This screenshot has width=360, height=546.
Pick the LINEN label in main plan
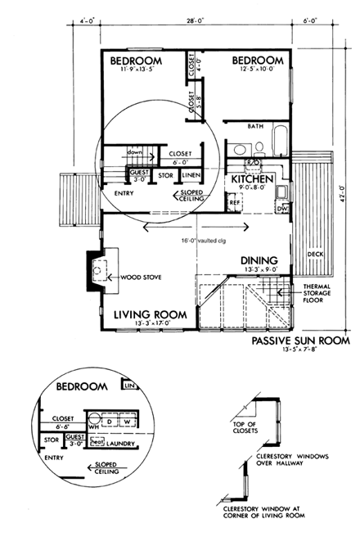point(190,175)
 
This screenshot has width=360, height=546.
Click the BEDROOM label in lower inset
point(82,386)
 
